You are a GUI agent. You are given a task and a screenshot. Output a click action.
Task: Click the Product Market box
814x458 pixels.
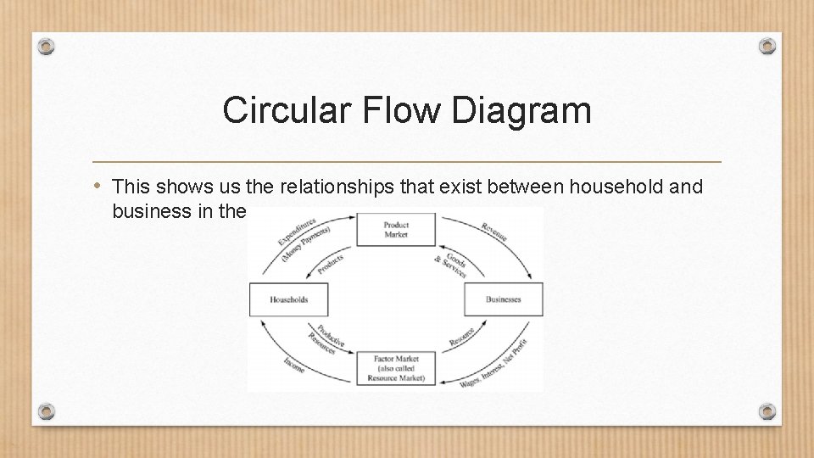[396, 230]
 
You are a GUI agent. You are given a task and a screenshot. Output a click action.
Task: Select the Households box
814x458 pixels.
[288, 299]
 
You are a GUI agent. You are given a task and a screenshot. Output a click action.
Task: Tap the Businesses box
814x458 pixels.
[504, 299]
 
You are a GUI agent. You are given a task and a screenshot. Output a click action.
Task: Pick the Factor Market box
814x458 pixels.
[396, 369]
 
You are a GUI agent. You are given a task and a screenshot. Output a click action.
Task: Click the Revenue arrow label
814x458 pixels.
[494, 232]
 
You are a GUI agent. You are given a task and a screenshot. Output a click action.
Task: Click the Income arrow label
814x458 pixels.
[294, 365]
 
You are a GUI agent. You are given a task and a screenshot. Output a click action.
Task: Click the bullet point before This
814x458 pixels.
[98, 185]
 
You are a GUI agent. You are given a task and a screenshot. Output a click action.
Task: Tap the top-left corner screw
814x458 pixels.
[47, 45]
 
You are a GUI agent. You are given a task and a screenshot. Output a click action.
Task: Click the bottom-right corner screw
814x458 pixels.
[767, 411]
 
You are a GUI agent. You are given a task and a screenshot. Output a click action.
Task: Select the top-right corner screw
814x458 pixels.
[767, 45]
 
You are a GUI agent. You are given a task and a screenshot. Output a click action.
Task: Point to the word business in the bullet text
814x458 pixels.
[148, 211]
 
